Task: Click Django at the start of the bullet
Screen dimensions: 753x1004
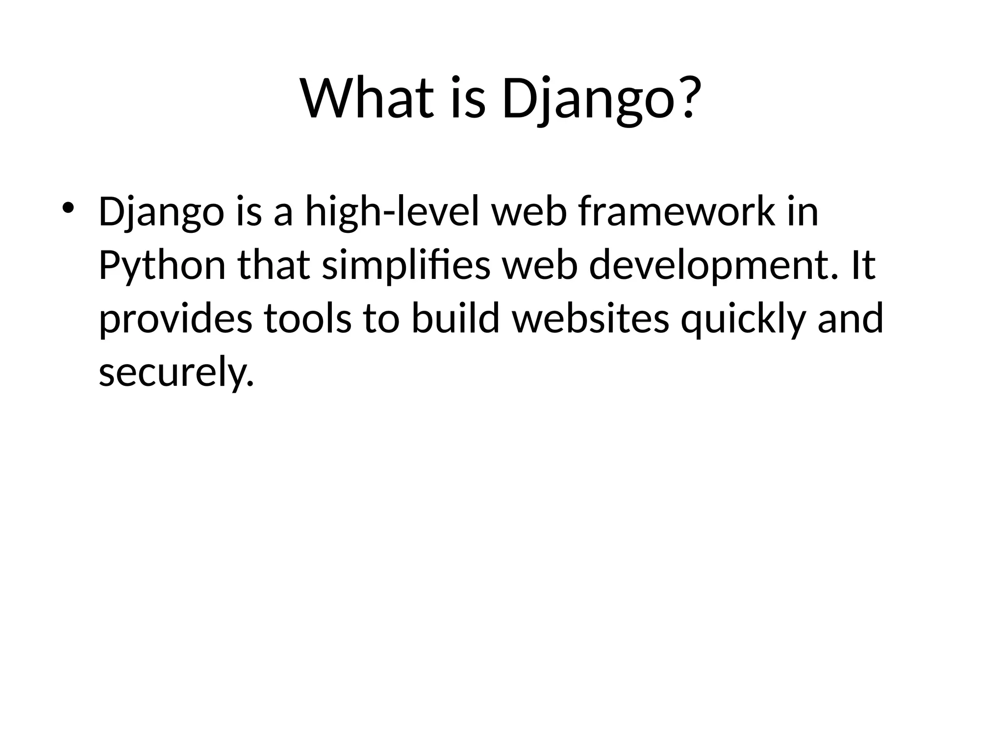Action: click(x=161, y=213)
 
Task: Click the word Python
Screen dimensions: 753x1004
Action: click(x=162, y=266)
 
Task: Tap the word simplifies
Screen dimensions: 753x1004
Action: click(x=406, y=266)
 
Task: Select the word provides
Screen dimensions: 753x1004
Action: click(x=176, y=319)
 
